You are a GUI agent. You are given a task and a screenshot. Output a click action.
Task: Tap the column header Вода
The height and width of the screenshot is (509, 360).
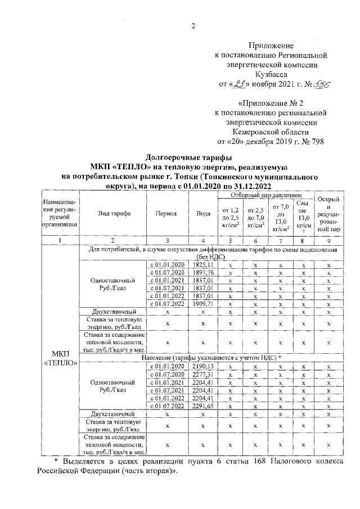pos(203,214)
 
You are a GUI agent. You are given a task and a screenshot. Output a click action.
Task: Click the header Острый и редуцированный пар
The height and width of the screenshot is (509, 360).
pos(328,214)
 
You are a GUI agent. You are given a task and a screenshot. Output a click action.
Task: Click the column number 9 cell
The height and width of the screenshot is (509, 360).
pos(328,240)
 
